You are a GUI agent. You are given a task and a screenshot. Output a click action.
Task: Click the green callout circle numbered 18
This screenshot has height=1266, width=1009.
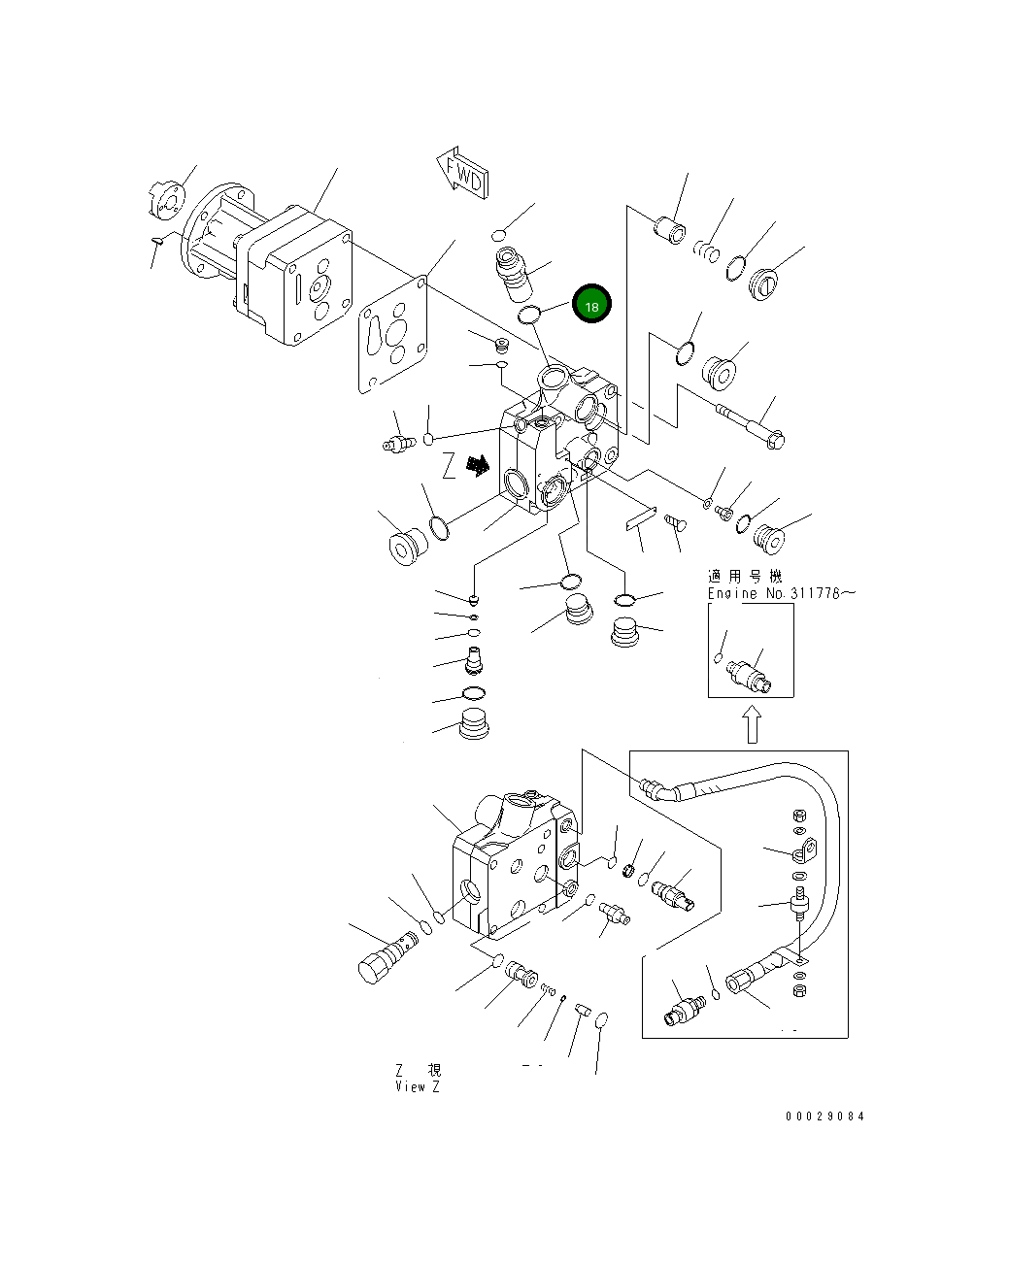pyautogui.click(x=591, y=305)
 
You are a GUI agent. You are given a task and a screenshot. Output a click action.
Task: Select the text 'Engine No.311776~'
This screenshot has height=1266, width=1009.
pyautogui.click(x=782, y=593)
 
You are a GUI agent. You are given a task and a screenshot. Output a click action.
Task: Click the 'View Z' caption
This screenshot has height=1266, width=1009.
pyautogui.click(x=418, y=1086)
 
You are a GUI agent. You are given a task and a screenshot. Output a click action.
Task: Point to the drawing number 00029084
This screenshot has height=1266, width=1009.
pyautogui.click(x=824, y=1116)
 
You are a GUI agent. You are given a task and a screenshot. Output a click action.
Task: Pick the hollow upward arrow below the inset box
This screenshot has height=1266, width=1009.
pyautogui.click(x=752, y=723)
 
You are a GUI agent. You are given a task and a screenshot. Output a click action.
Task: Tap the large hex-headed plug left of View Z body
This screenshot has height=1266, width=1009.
pyautogui.click(x=384, y=958)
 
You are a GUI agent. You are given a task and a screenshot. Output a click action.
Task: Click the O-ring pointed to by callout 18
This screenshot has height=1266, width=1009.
pyautogui.click(x=529, y=314)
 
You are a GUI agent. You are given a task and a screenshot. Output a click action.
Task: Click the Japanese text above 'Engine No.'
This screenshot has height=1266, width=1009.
pyautogui.click(x=744, y=577)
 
